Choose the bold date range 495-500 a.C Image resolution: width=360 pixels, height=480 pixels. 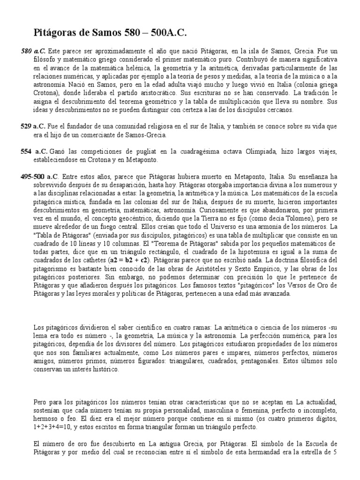[x=39, y=177]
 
